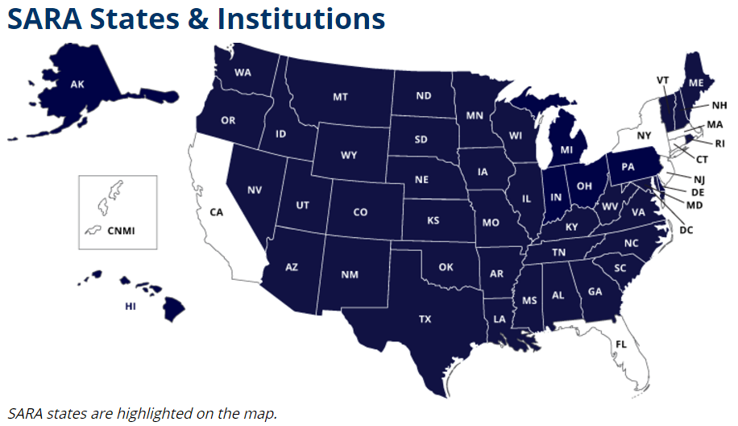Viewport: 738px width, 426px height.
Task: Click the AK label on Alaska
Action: pos(77,84)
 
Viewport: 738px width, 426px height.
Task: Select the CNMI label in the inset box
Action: pos(121,231)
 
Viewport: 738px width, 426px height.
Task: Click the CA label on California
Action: pos(216,212)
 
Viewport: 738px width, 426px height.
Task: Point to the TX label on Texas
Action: pos(425,319)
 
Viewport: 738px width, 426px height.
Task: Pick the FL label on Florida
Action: pos(620,345)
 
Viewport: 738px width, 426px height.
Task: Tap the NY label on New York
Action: pos(643,136)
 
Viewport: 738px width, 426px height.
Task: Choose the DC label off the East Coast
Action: pos(686,230)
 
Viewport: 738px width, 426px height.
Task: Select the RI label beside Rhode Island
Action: pos(719,144)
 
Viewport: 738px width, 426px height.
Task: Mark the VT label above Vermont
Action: pos(662,80)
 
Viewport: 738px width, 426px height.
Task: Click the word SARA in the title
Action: pos(50,19)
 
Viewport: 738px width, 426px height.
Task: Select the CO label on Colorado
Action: pos(360,212)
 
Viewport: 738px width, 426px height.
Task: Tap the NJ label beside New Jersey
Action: pos(698,178)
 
